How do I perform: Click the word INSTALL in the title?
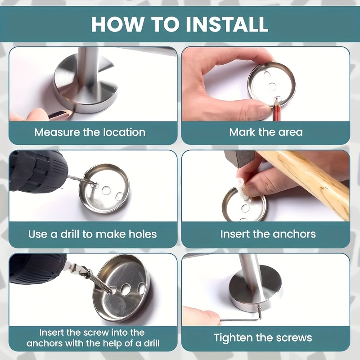click(227, 24)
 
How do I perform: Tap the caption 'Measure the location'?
click(90, 132)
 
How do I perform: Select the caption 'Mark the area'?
click(266, 132)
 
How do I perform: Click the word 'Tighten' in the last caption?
click(233, 338)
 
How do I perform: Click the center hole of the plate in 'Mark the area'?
click(272, 86)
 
